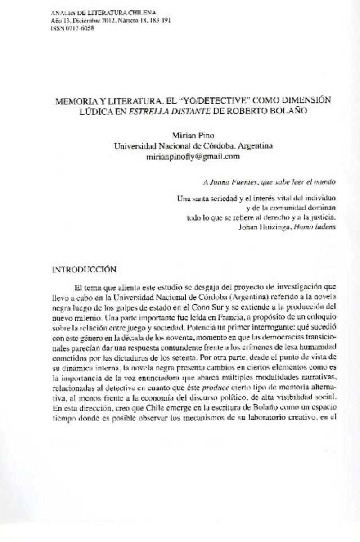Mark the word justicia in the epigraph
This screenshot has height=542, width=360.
(x=324, y=217)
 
